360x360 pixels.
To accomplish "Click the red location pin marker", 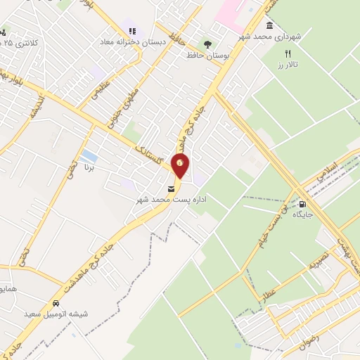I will tap(181, 164).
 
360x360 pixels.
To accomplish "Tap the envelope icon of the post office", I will tap(171, 188).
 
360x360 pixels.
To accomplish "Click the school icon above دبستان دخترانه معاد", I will tap(131, 30).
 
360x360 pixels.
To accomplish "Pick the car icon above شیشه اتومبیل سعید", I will tap(56, 303).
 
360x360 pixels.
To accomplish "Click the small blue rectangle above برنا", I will tap(89, 155).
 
